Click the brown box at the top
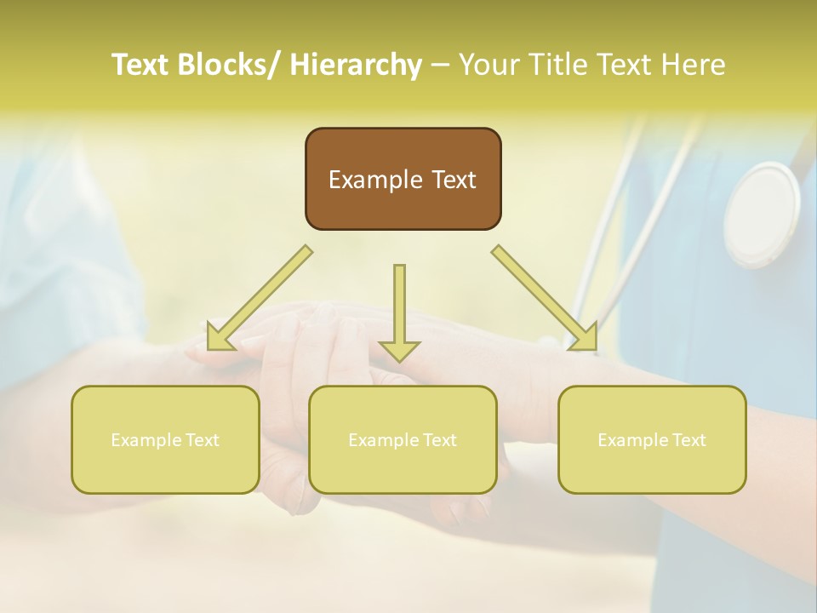coord(403,179)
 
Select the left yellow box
coord(165,439)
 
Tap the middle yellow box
coord(403,439)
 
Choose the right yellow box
coord(652,439)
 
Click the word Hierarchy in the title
coord(355,65)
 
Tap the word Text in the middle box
coord(440,440)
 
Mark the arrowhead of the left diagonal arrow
coord(220,335)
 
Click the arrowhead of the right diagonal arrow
coord(585,337)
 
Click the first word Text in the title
coord(142,65)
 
